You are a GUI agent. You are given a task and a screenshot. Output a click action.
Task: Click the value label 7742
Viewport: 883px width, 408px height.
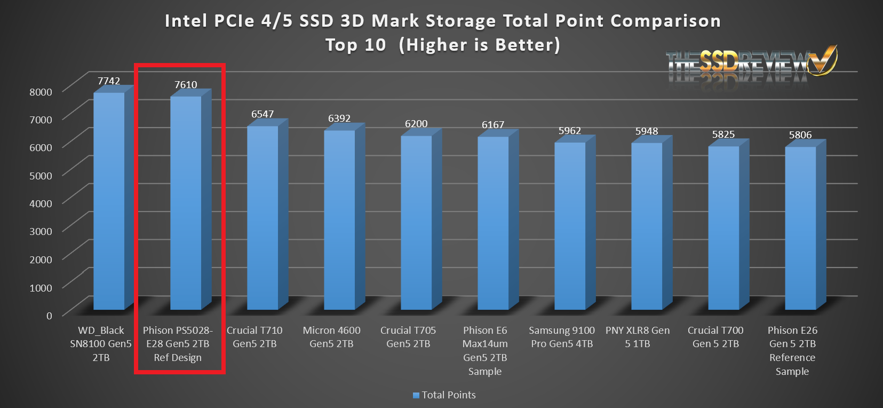click(x=109, y=81)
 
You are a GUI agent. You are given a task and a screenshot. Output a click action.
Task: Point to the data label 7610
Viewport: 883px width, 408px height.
click(x=186, y=84)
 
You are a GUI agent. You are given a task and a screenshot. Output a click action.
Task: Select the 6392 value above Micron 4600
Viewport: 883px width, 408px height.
click(x=339, y=118)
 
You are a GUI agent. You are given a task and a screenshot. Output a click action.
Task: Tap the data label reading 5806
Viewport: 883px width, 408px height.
click(x=800, y=135)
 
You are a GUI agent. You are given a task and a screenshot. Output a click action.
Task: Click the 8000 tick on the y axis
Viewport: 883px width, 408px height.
click(x=41, y=91)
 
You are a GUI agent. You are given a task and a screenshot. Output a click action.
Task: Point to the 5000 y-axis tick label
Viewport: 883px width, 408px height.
click(x=41, y=175)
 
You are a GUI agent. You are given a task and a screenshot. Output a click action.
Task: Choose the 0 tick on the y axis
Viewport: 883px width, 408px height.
click(x=49, y=315)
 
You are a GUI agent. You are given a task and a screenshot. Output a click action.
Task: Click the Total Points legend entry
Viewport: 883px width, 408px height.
click(x=444, y=395)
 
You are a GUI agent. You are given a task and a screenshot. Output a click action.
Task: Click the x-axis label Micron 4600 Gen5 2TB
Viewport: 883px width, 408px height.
click(x=331, y=337)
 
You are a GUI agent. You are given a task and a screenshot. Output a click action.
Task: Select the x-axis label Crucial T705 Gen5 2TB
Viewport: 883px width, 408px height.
click(x=408, y=337)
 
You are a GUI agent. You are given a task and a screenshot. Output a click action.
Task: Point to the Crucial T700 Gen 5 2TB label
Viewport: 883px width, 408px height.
click(x=715, y=337)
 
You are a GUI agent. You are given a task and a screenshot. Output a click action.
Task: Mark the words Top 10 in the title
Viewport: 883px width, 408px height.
click(x=356, y=45)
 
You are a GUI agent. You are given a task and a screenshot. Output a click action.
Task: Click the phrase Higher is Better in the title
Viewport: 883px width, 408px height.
click(x=480, y=45)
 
